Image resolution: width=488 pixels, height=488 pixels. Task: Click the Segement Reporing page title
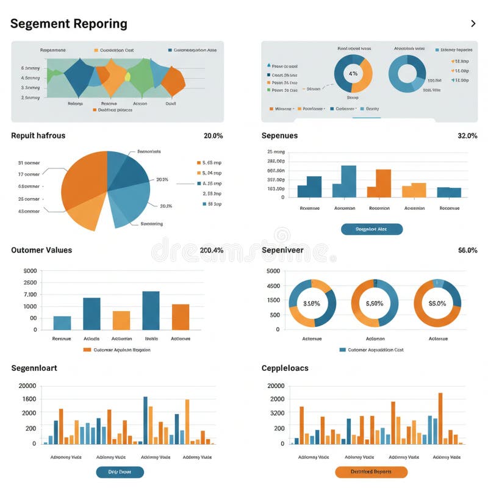coord(69,24)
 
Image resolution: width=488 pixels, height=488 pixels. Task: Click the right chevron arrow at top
coord(473,24)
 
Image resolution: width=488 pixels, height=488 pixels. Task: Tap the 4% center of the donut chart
coord(353,73)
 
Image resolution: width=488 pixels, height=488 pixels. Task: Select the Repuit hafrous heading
coord(38,135)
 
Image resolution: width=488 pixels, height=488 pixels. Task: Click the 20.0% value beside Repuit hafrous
coord(213,135)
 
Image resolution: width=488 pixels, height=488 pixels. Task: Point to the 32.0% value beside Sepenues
coord(467,135)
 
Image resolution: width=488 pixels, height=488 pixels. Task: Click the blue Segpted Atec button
coord(371,229)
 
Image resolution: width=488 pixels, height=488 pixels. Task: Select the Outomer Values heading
coord(41,250)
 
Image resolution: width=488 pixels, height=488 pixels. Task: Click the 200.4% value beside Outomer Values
coord(211,250)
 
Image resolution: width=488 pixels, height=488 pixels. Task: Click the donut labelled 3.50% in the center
coord(312,303)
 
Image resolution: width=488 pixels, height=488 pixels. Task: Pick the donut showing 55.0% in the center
coord(437,303)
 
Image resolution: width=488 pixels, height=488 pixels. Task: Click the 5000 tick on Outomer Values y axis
coord(30,271)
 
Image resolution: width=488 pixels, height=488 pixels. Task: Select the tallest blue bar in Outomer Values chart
coord(151,310)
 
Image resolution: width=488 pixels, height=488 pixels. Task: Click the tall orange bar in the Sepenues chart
coord(383,183)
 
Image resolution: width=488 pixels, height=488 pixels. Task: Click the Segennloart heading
coord(34,368)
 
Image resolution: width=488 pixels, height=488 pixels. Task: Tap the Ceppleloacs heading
coord(285,368)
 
